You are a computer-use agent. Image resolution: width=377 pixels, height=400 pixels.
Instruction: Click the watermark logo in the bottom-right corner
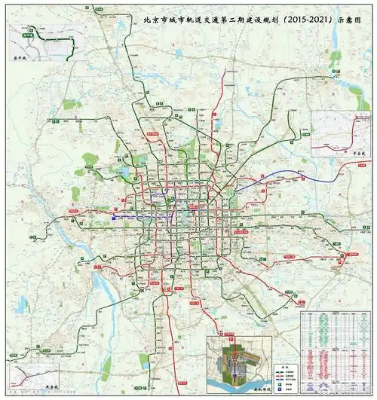pyautogui.click(x=330, y=392)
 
